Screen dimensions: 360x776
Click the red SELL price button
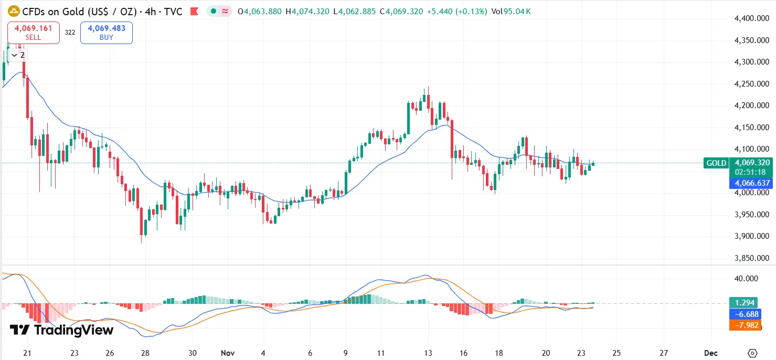click(x=33, y=33)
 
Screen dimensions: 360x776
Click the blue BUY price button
click(x=107, y=33)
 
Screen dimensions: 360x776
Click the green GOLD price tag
click(x=716, y=163)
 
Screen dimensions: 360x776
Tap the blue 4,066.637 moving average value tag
click(x=752, y=183)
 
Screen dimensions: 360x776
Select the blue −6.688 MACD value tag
click(x=744, y=314)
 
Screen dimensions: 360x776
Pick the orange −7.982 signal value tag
click(x=744, y=325)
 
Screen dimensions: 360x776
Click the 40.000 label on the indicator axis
click(x=747, y=278)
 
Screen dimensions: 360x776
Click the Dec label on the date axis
click(x=711, y=353)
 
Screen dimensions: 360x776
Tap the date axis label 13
click(x=428, y=353)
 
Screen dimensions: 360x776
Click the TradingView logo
click(x=61, y=330)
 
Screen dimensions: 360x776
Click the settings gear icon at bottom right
click(x=753, y=353)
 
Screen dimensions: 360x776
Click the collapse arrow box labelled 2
click(x=18, y=55)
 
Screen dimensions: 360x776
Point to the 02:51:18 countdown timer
click(x=750, y=172)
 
